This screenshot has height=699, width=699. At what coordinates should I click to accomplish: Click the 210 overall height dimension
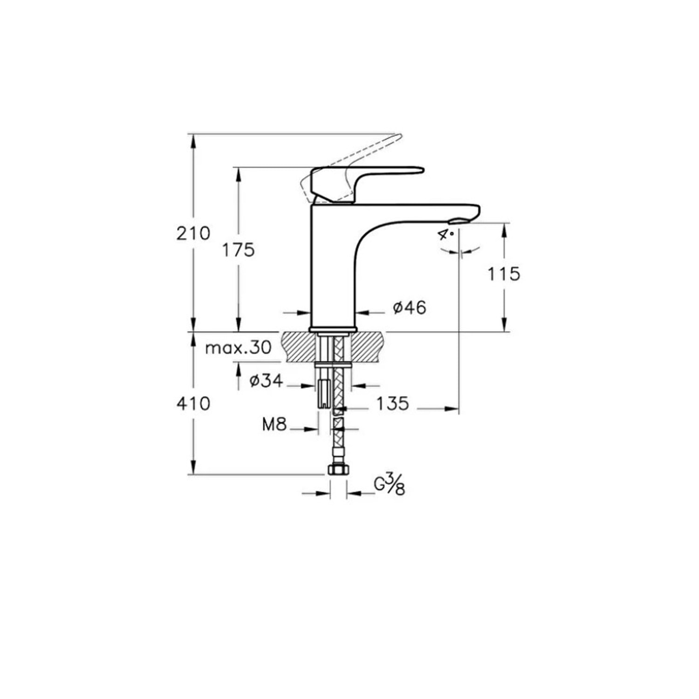click(x=193, y=233)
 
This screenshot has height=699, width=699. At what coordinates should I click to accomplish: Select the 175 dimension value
click(x=238, y=250)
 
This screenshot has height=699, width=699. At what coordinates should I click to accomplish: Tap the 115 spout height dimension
click(x=504, y=274)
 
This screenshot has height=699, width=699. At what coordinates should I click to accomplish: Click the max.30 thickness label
click(x=238, y=347)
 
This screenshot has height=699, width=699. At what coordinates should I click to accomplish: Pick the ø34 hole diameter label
click(x=266, y=381)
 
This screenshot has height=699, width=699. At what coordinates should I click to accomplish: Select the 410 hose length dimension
click(x=193, y=403)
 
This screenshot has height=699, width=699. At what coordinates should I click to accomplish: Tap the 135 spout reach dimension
click(x=392, y=403)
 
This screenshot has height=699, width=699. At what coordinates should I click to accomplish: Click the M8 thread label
click(x=274, y=425)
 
